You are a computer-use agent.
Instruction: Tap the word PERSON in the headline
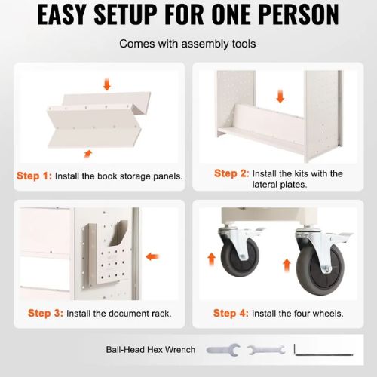tap(299, 14)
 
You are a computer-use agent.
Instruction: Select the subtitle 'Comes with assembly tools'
tap(188, 44)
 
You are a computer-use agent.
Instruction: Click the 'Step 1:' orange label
tap(34, 176)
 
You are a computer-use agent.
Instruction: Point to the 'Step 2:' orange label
tap(231, 173)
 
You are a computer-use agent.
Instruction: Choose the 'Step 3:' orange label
tap(45, 313)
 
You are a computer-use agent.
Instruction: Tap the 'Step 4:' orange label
tap(231, 313)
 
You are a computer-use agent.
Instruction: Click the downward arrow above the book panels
tap(107, 84)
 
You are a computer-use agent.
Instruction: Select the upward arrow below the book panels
tap(87, 154)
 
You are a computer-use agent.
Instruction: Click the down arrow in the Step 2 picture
tap(280, 97)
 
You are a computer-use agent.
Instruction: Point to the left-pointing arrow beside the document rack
tap(152, 256)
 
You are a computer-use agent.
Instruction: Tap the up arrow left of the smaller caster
tap(212, 259)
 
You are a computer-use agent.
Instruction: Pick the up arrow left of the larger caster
tap(287, 265)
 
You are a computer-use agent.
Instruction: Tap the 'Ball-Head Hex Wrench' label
tap(151, 350)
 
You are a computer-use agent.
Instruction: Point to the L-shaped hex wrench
tap(323, 354)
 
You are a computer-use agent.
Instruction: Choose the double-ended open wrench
tap(266, 350)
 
